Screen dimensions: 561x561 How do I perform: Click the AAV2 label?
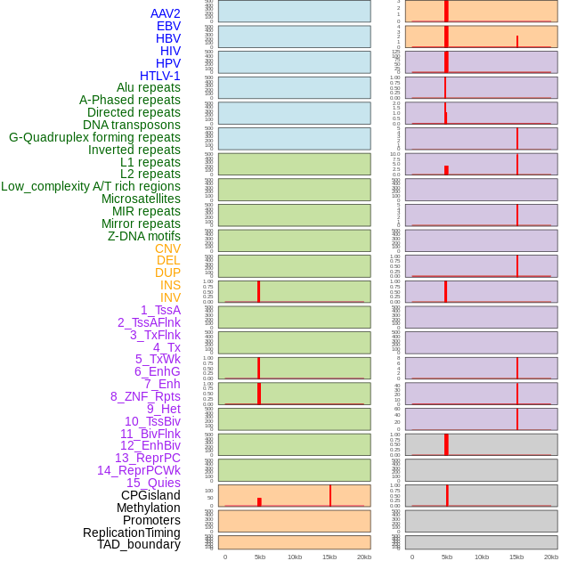point(165,13)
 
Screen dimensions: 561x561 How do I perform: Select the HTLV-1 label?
point(159,76)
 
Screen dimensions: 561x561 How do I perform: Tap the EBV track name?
point(168,26)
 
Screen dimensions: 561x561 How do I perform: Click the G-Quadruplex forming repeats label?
point(94,137)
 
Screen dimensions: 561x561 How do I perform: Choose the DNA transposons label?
point(132,125)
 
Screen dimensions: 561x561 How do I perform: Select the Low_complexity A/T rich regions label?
point(91,186)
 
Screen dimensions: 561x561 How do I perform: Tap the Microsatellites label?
point(141,199)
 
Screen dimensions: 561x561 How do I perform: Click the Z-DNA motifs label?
point(144,236)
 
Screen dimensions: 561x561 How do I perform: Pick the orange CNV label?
point(167,248)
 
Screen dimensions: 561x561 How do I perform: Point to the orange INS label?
point(170,285)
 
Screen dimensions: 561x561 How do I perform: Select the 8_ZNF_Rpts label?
point(145,396)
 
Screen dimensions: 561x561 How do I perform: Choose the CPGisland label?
point(150,495)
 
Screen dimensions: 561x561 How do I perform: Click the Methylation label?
point(148,508)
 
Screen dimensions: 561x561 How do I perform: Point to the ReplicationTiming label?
point(131,533)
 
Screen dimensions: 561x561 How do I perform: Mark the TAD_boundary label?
point(138,544)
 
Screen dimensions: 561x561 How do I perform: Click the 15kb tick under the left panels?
point(329,557)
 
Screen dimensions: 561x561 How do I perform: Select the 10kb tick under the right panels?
point(482,557)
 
